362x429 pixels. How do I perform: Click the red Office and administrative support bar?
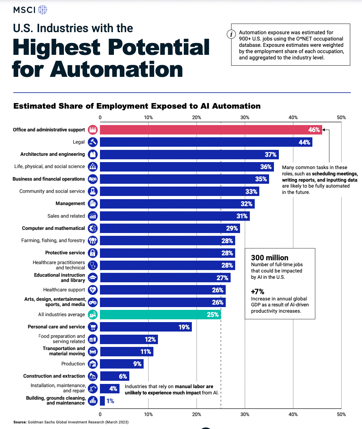(210, 130)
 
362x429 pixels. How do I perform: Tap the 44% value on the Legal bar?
(304, 142)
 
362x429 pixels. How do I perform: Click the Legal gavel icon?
(93, 142)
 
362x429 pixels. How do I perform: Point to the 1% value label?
(110, 401)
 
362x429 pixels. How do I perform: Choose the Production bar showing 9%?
(121, 364)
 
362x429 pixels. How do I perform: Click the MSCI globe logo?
(42, 10)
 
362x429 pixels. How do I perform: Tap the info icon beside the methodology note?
(231, 34)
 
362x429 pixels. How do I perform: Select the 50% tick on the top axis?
(341, 117)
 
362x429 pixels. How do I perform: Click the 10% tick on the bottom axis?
(148, 414)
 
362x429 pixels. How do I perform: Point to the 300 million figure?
(270, 258)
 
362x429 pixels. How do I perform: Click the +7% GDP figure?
(258, 291)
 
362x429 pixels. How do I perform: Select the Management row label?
(70, 203)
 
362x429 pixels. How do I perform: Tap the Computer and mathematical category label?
(53, 228)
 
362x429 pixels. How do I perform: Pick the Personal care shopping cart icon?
(93, 327)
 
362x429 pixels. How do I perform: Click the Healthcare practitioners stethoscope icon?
(93, 265)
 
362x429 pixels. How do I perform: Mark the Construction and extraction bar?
(114, 376)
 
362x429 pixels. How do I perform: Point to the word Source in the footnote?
(20, 422)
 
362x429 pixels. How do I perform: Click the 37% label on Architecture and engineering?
(270, 154)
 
